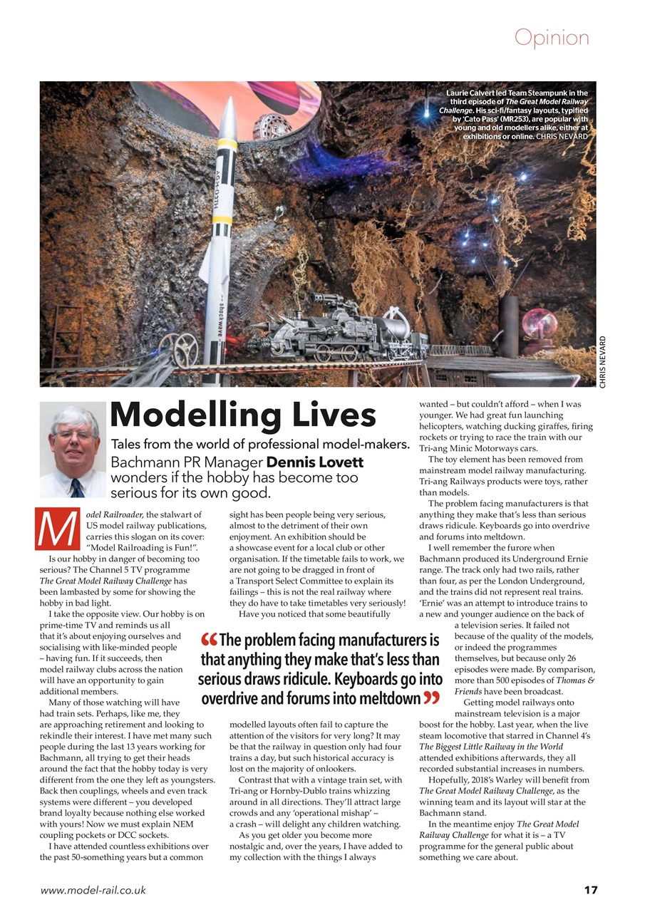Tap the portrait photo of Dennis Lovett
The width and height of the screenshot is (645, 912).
pyautogui.click(x=73, y=450)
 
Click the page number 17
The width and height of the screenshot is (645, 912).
pyautogui.click(x=589, y=890)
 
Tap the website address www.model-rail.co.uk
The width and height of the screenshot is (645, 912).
pyautogui.click(x=93, y=890)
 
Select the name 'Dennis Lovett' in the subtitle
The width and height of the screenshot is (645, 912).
pyautogui.click(x=315, y=462)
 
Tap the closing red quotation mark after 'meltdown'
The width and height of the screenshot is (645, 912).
pyautogui.click(x=431, y=698)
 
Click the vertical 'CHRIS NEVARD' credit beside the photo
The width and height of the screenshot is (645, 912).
pyautogui.click(x=603, y=361)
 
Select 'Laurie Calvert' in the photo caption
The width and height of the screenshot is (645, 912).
pyautogui.click(x=475, y=93)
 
